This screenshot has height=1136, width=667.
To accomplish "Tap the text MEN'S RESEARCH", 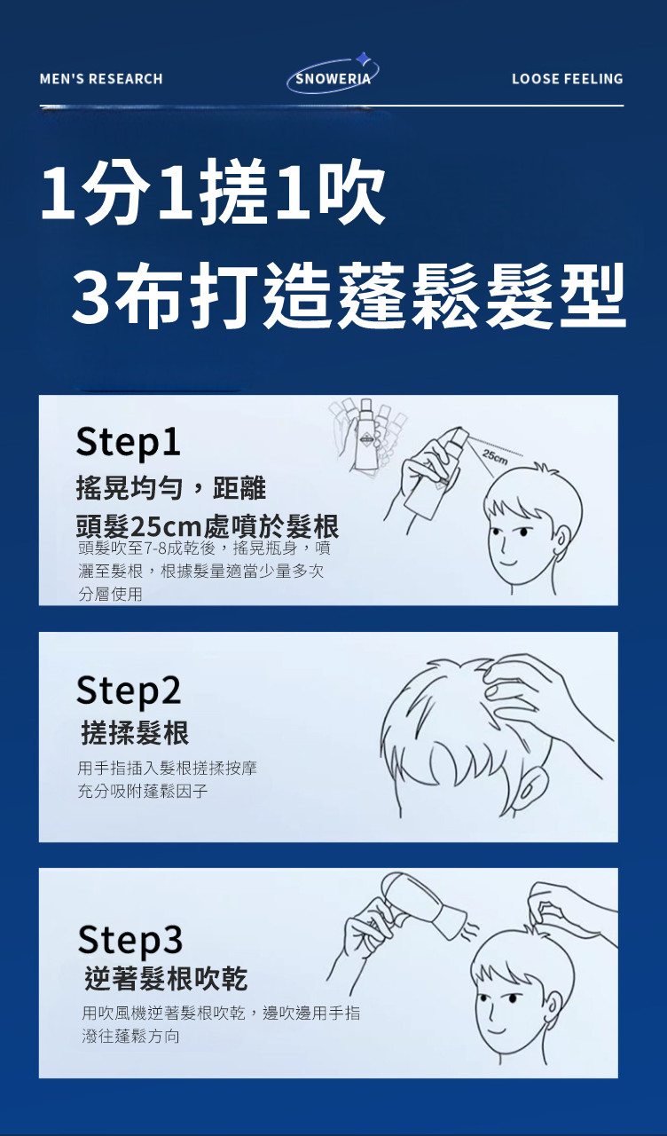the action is coord(101,79).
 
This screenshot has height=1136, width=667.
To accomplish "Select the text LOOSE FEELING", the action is coord(567,79).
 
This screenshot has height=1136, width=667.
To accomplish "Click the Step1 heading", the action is coord(128,442).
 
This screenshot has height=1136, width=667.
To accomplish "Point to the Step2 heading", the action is coord(129,690).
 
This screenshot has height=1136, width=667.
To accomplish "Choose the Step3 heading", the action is coord(129,939).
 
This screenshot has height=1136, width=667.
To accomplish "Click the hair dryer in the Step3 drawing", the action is coord(423,906).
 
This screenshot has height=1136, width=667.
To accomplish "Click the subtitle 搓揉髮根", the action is coord(136,733).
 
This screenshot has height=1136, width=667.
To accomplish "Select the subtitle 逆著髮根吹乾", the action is coord(166,979).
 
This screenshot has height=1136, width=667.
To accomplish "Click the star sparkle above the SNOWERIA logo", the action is coord(363,59).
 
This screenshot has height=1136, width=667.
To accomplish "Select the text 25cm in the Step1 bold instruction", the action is coord(166,527).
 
